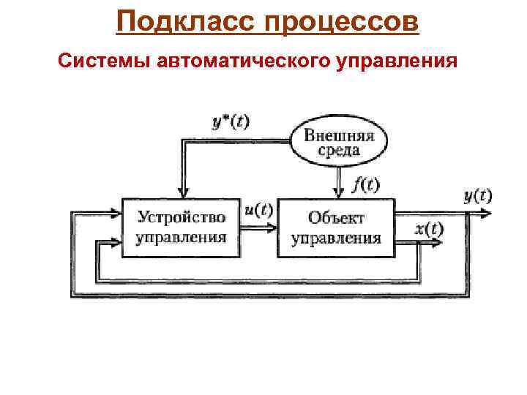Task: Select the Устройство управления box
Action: [x=181, y=227]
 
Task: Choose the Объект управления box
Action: [x=336, y=227]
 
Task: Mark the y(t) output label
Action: [x=478, y=195]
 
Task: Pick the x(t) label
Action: [x=429, y=229]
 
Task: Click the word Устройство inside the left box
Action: [x=181, y=217]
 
